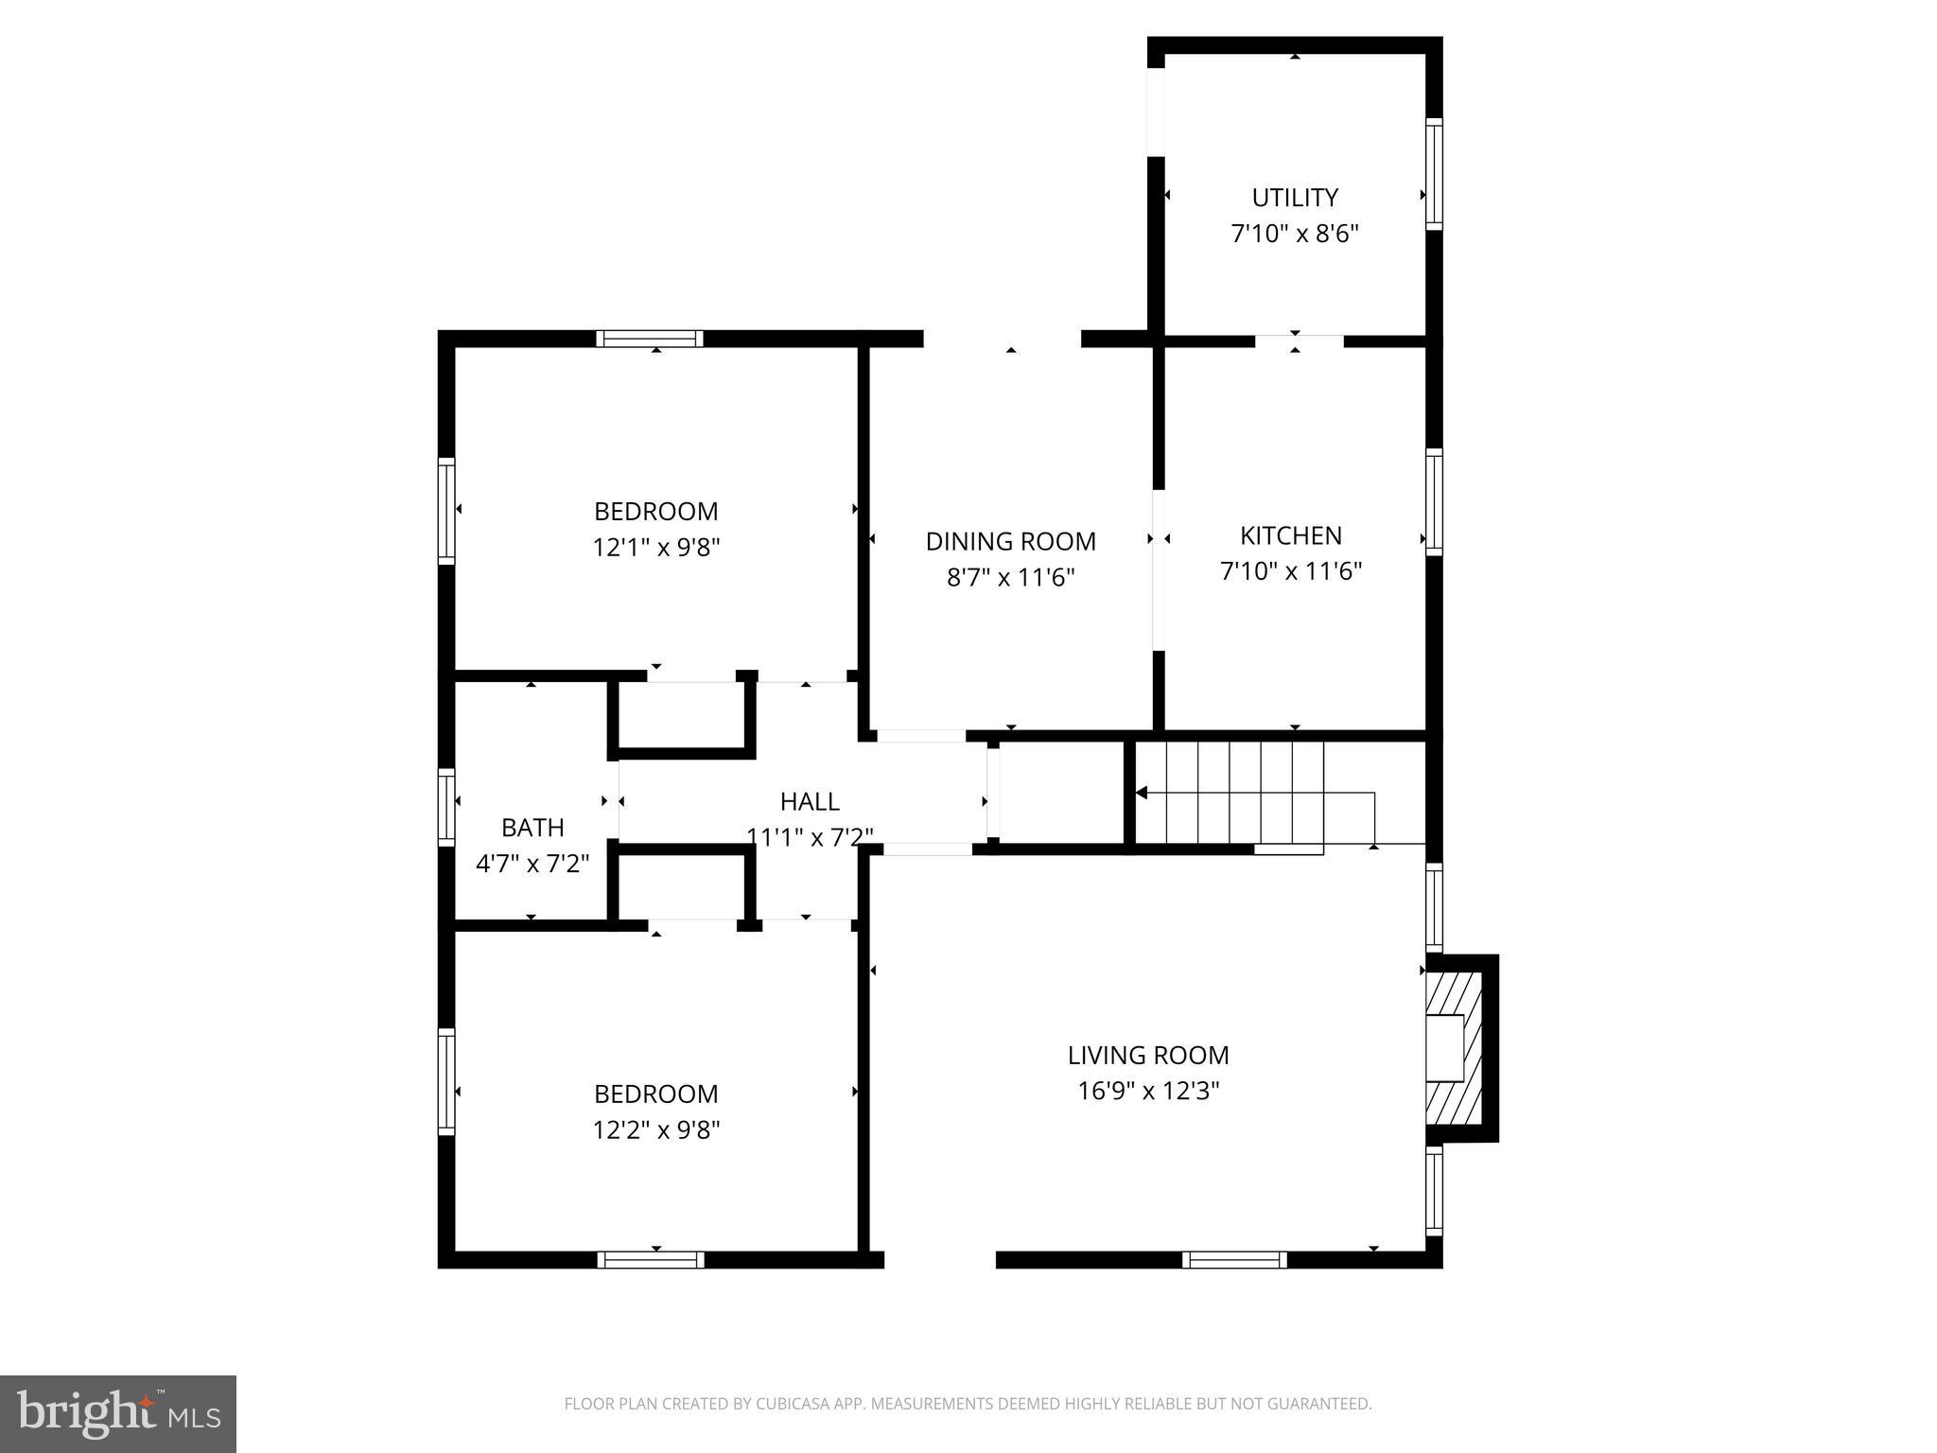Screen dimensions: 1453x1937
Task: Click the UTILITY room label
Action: (1294, 198)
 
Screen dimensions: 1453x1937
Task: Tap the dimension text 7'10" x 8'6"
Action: (1294, 234)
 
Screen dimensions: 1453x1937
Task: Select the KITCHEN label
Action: (1290, 535)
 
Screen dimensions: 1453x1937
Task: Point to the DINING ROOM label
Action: (1010, 541)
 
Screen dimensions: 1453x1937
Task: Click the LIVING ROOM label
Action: (1147, 1055)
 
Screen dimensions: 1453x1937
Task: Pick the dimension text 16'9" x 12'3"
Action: (1147, 1091)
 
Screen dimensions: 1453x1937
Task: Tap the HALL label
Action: (809, 801)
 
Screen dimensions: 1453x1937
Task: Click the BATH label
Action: (532, 827)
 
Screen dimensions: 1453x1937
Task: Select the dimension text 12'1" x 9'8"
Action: (655, 547)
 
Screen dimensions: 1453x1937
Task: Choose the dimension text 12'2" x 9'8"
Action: (655, 1129)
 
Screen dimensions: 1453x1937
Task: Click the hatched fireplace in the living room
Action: (1457, 1048)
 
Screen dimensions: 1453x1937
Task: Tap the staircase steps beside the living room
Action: (1230, 792)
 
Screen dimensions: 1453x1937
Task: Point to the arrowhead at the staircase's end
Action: (1142, 793)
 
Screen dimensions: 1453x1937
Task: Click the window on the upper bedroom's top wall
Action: (650, 339)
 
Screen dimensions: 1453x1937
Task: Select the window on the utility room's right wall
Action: (1434, 174)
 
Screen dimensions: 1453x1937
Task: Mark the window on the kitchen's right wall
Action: (1434, 501)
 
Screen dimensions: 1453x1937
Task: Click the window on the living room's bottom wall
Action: (1234, 1259)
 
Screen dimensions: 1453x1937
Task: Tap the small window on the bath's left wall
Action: (446, 806)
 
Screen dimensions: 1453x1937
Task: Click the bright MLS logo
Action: (118, 1414)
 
